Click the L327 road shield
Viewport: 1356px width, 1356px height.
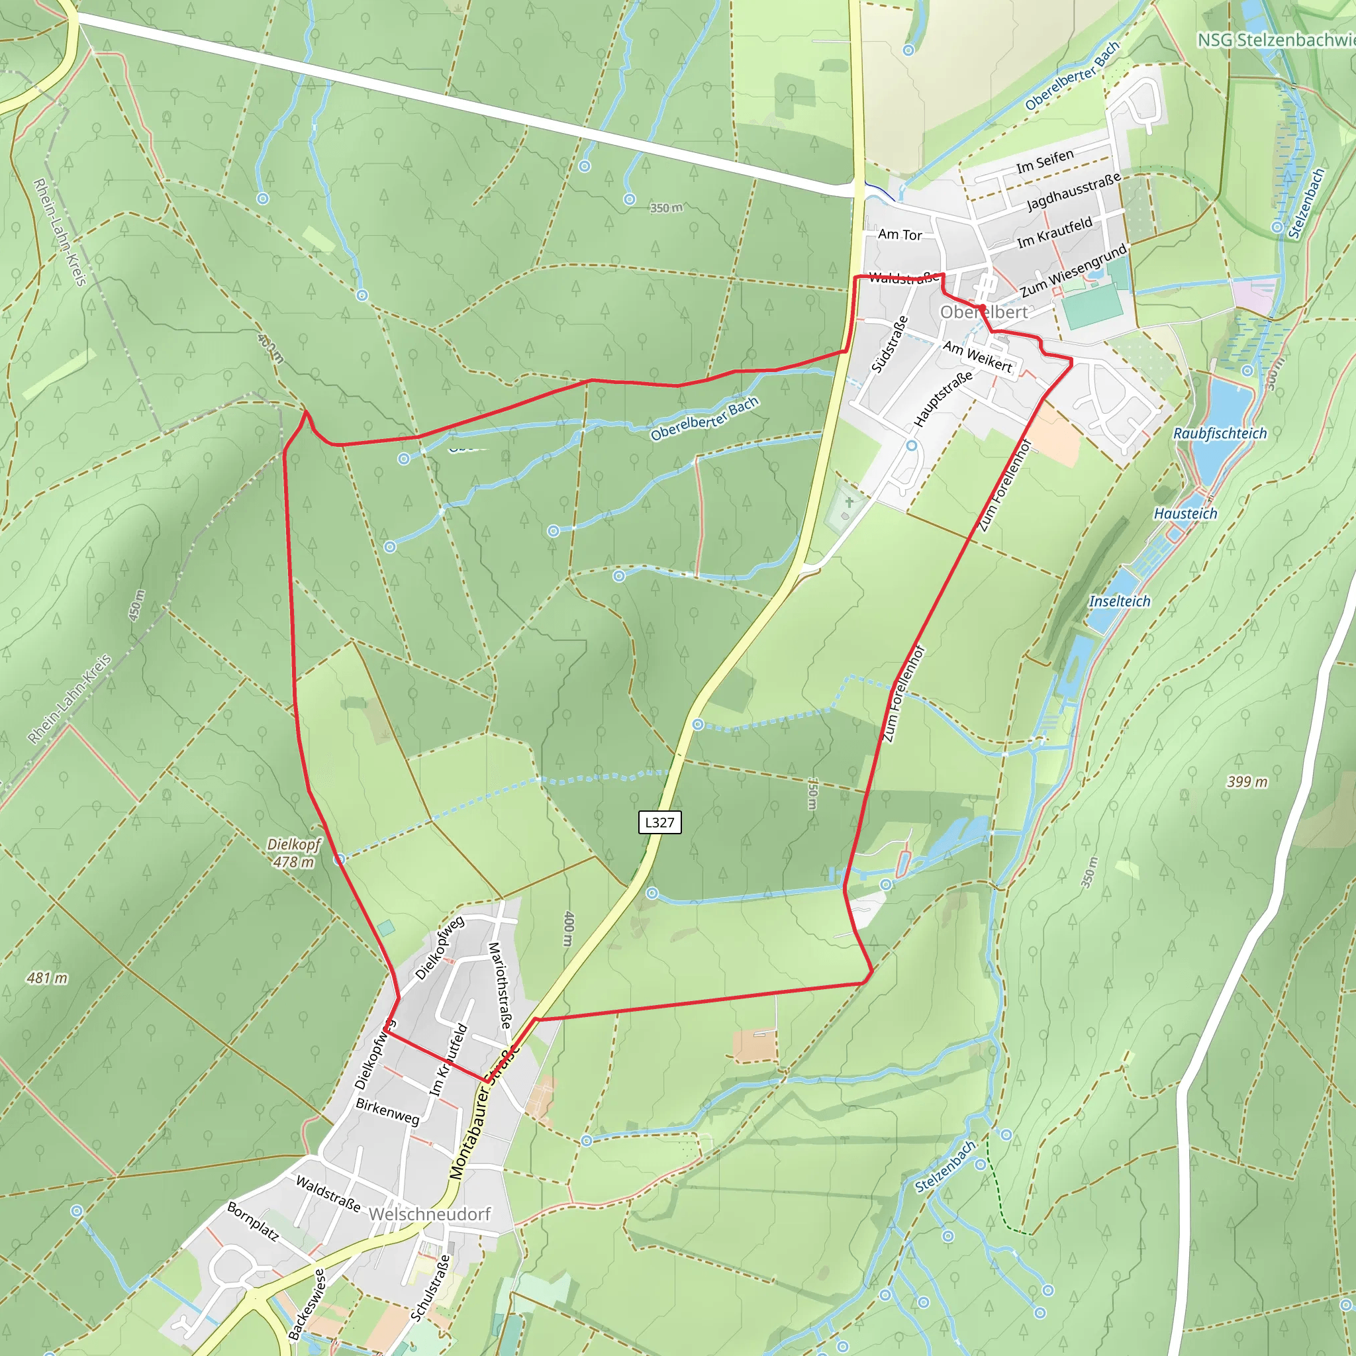(659, 822)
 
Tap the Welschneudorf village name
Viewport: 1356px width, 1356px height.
(430, 1214)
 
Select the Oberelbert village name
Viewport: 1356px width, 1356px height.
(983, 313)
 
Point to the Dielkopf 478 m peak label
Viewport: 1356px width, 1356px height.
(294, 853)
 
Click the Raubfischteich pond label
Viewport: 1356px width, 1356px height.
(1220, 434)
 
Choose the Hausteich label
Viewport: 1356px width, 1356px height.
(1185, 514)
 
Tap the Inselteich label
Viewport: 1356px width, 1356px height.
(1120, 601)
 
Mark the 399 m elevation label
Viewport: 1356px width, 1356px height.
(1247, 782)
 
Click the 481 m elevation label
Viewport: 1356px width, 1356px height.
(47, 978)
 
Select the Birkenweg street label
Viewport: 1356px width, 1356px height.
(387, 1111)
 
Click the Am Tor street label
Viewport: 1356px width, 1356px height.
(900, 234)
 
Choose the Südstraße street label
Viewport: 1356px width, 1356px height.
(890, 344)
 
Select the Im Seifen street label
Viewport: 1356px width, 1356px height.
(1045, 162)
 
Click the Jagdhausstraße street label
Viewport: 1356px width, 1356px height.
(1074, 191)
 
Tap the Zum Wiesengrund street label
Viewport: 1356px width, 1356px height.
(1073, 269)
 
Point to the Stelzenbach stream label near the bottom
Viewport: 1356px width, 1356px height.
(945, 1167)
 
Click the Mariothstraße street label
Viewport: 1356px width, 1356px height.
(499, 985)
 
